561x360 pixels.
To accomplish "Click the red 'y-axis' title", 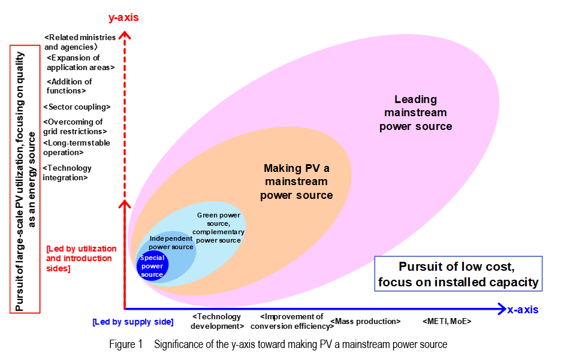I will [x=123, y=17].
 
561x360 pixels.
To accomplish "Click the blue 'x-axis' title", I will [x=523, y=310].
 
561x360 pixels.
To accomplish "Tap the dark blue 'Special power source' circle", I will [x=152, y=266].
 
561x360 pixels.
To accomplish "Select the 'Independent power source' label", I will [x=171, y=243].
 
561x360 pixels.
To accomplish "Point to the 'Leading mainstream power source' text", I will [x=415, y=113].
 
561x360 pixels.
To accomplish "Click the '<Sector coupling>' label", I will [x=77, y=107].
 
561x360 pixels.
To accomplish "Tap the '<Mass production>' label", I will [x=365, y=322].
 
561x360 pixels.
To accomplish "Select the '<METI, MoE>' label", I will [x=447, y=322].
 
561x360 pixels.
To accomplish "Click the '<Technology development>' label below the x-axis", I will [x=217, y=322].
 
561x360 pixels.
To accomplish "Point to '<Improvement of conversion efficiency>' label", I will [x=294, y=322].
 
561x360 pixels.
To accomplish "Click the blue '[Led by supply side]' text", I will [x=133, y=322].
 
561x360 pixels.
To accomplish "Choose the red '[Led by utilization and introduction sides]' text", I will [x=81, y=258].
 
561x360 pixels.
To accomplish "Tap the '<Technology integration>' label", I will [x=68, y=173].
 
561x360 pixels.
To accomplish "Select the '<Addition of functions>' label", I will [x=70, y=86].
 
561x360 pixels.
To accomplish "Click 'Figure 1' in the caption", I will [x=126, y=344].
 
